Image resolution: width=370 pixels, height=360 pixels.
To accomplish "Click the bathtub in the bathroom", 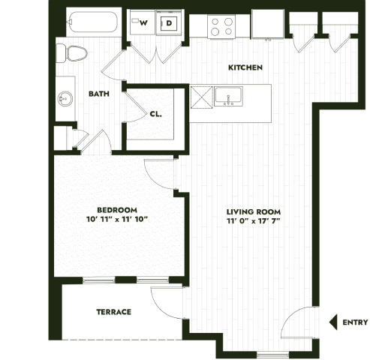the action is tap(94, 22).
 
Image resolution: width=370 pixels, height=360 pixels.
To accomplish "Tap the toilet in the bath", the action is tap(72, 53).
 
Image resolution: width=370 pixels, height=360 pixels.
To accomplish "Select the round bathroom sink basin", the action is tap(65, 99).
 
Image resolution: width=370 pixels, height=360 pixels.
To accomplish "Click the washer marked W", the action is tap(143, 22).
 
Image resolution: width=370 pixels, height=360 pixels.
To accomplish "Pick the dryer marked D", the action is tap(170, 22).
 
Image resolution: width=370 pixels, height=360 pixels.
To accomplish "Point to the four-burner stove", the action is tap(221, 26).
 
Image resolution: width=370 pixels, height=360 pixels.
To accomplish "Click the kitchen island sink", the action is tap(228, 96).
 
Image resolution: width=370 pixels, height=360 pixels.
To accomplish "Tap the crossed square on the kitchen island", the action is tap(201, 97).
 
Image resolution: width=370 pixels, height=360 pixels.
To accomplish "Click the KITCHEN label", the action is tap(245, 67).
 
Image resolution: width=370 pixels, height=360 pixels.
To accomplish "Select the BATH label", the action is tap(99, 94).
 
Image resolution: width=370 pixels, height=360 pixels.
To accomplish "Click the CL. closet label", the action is tap(156, 114).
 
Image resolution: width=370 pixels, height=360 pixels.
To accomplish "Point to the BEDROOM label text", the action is tap(117, 210).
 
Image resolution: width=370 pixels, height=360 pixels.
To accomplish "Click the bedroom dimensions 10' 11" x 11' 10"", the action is tap(117, 219).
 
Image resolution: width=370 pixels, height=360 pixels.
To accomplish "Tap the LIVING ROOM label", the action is tap(254, 212).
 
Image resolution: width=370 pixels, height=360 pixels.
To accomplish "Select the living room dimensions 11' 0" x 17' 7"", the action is tap(254, 221).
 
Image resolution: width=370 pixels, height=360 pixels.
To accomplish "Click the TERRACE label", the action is tap(114, 312).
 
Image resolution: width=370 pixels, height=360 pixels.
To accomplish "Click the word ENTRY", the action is tap(355, 322).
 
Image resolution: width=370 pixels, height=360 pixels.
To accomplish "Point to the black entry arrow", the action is tap(333, 322).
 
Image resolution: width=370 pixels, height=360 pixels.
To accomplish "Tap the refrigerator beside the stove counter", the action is tap(268, 24).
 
